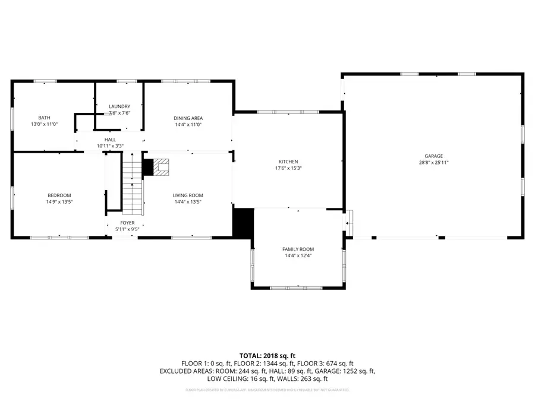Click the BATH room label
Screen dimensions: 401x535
pyautogui.click(x=44, y=117)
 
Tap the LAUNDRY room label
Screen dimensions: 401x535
pyautogui.click(x=119, y=106)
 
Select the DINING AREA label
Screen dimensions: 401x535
pyautogui.click(x=188, y=118)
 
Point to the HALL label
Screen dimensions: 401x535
pyautogui.click(x=110, y=139)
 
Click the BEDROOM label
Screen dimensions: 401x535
pyautogui.click(x=59, y=195)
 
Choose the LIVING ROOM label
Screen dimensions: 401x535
pyautogui.click(x=188, y=195)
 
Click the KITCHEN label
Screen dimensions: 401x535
pyautogui.click(x=288, y=162)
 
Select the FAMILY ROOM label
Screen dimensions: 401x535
pyautogui.click(x=298, y=249)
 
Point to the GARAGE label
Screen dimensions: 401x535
pyautogui.click(x=433, y=156)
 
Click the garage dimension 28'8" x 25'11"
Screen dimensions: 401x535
pyautogui.click(x=433, y=162)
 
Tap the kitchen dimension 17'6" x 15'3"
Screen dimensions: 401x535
pyautogui.click(x=288, y=168)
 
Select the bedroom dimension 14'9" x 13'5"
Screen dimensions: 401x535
pyautogui.click(x=59, y=201)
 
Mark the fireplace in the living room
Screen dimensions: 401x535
pyautogui.click(x=160, y=168)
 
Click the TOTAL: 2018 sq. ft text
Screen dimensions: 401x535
pyautogui.click(x=267, y=356)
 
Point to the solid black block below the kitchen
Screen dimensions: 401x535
pyautogui.click(x=243, y=223)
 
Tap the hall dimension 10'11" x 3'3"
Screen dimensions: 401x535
pyautogui.click(x=110, y=146)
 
